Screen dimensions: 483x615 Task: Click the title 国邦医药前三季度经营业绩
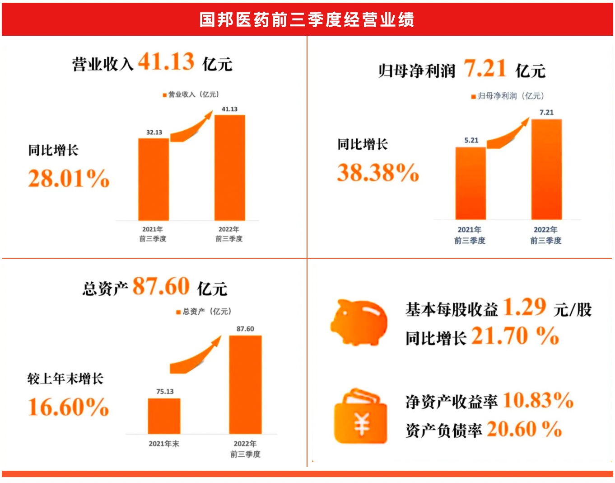[307, 19]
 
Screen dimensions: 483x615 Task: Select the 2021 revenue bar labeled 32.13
[154, 179]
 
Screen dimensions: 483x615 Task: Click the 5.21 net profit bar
[471, 183]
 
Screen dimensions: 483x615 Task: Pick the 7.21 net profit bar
[546, 170]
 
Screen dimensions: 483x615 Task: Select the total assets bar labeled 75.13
[164, 416]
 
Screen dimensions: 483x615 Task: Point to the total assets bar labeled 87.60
[245, 384]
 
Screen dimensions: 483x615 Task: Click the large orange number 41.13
[166, 62]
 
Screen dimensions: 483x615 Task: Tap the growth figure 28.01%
[69, 178]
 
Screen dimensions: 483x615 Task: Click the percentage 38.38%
[378, 173]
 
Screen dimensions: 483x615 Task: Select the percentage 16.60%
[68, 407]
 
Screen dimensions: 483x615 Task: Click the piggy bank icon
[359, 322]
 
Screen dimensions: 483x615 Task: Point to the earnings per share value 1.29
[524, 308]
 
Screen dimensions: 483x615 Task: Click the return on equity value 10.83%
[538, 400]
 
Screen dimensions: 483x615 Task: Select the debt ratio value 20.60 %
[524, 429]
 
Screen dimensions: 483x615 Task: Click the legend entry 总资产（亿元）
[204, 312]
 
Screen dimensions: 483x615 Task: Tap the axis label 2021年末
[164, 444]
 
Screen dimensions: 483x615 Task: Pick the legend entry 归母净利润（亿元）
[508, 96]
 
